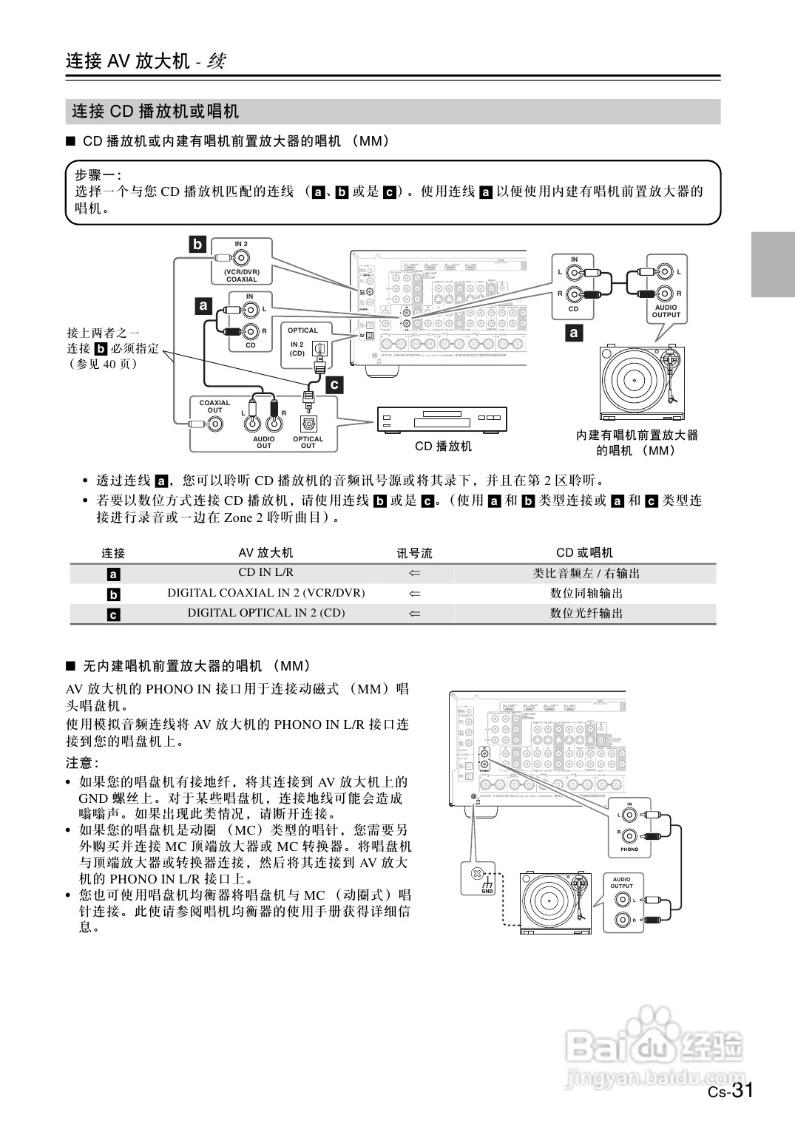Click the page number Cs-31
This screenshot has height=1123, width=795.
(x=730, y=1091)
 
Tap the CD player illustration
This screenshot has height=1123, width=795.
(x=442, y=419)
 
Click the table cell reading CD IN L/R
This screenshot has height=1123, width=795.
(x=265, y=572)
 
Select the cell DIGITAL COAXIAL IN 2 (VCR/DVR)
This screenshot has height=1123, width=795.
(x=265, y=593)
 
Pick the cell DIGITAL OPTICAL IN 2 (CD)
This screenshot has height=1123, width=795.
(x=265, y=613)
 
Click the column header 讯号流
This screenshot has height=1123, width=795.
(x=414, y=553)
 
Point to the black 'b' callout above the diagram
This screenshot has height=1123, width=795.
(x=197, y=245)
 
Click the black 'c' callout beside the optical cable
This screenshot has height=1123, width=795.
(x=334, y=384)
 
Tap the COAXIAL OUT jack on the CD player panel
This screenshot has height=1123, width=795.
(x=214, y=424)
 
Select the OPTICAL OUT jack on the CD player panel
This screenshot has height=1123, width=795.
(x=308, y=424)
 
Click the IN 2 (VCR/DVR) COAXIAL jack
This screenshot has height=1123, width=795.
(x=242, y=258)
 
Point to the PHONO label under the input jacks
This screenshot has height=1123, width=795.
(x=629, y=849)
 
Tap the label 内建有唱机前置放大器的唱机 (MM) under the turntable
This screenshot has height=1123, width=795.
(x=637, y=443)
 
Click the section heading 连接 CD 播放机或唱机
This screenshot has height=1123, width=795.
(x=155, y=112)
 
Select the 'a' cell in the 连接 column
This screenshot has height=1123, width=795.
(x=113, y=574)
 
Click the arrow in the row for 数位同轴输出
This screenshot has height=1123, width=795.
(x=414, y=594)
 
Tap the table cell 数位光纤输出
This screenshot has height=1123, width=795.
(x=586, y=613)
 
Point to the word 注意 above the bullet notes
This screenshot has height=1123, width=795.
(x=81, y=762)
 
